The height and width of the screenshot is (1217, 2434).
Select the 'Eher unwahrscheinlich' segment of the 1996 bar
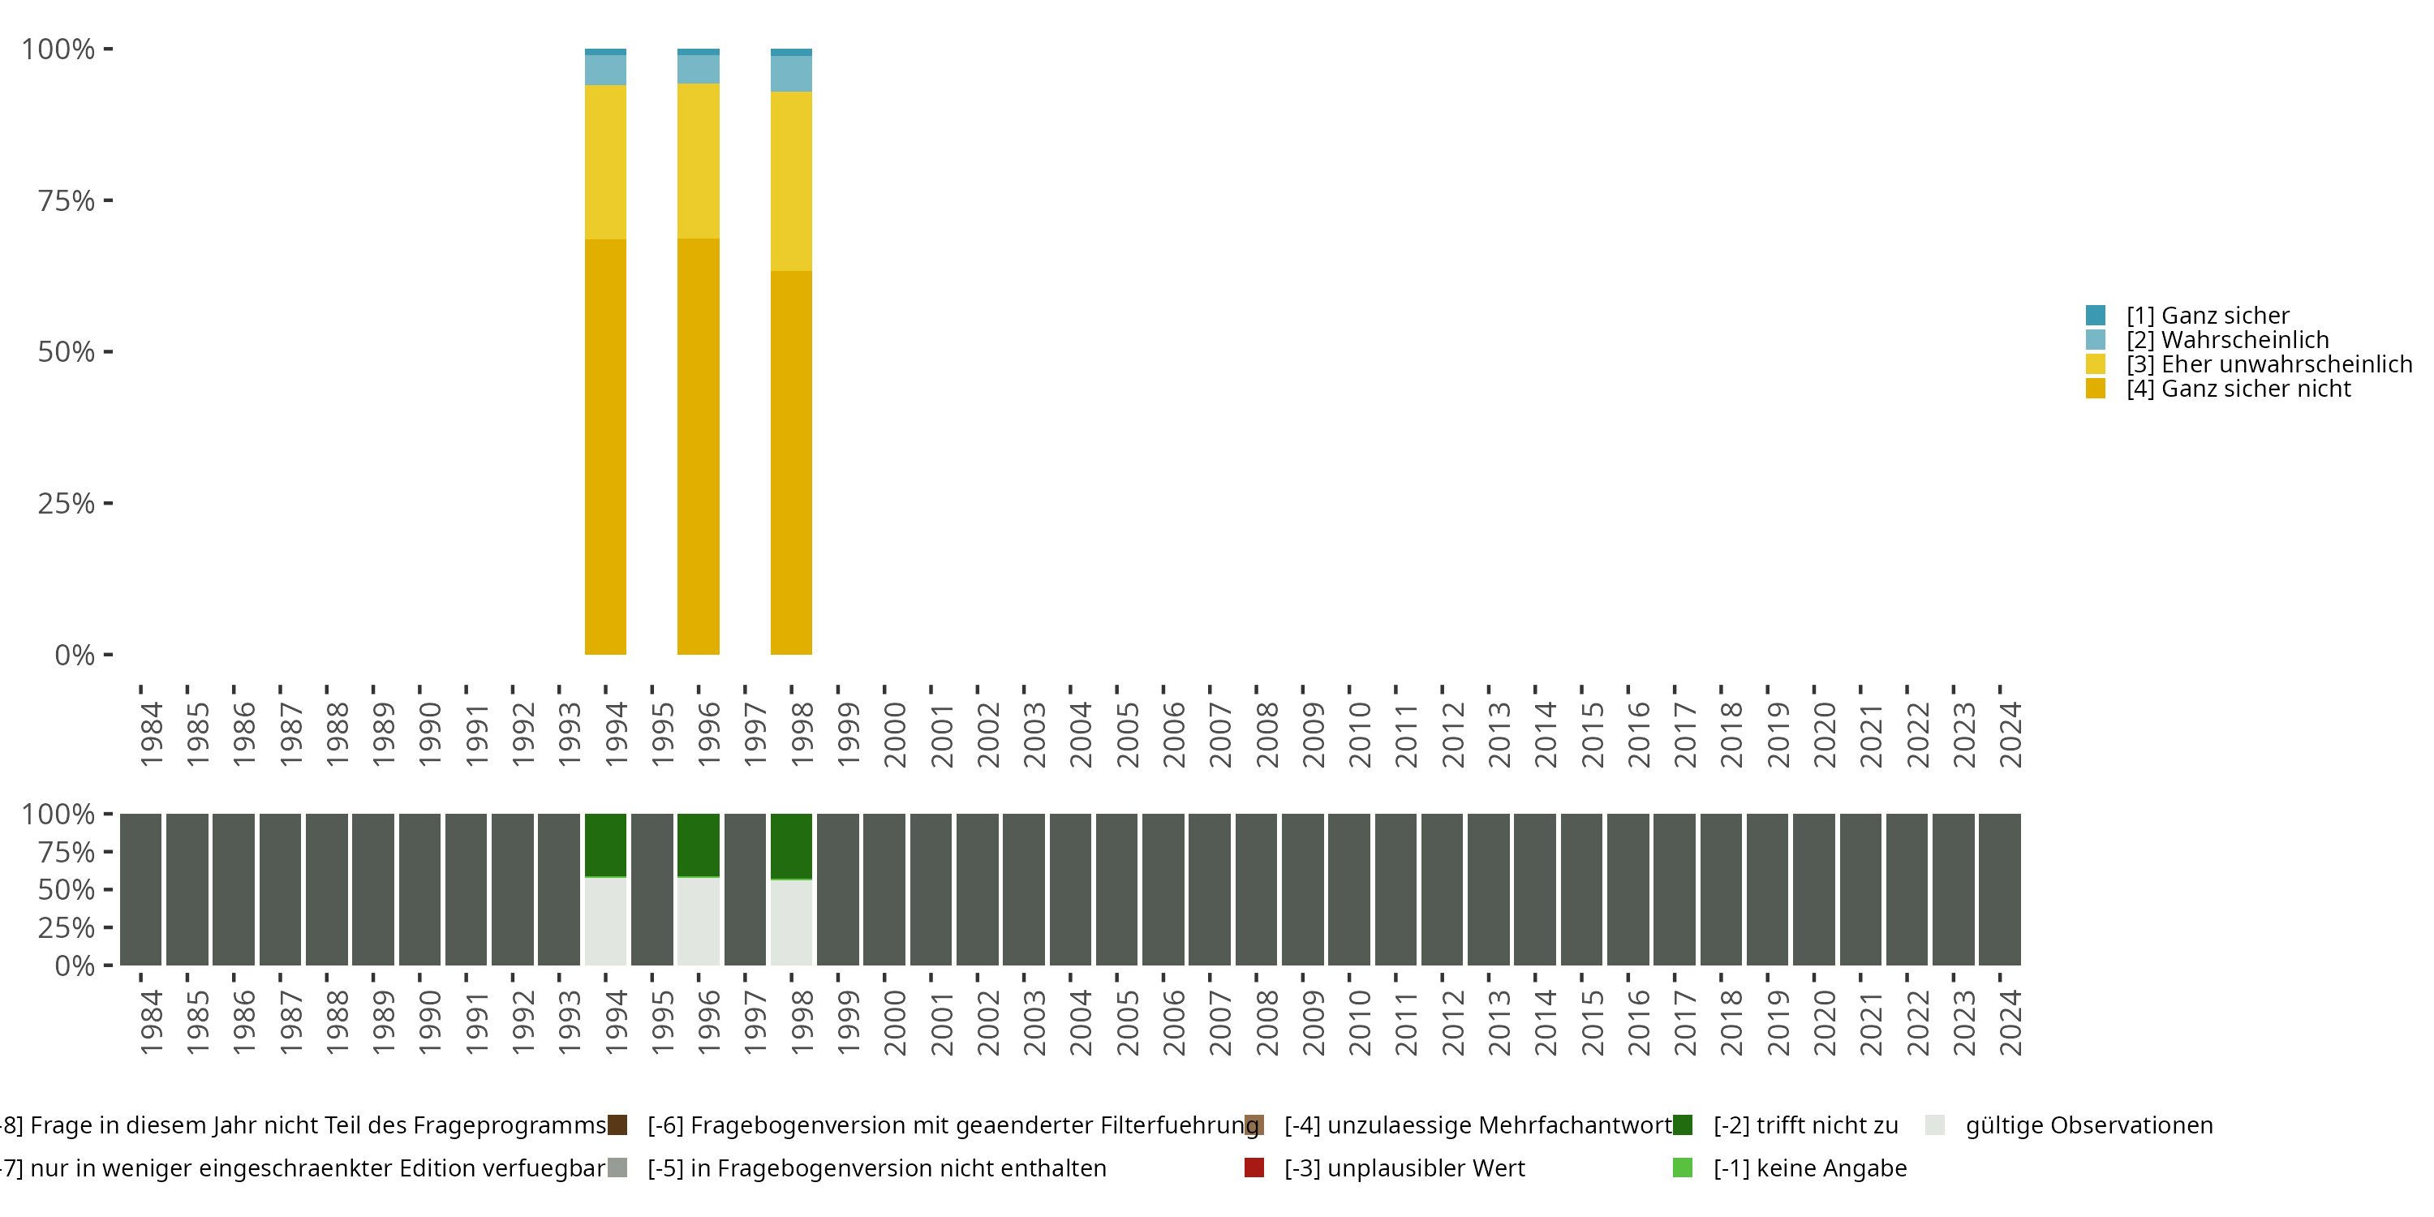(x=699, y=161)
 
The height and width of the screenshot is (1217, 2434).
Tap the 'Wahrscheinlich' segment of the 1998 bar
(x=791, y=74)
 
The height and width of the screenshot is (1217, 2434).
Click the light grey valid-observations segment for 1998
(x=791, y=922)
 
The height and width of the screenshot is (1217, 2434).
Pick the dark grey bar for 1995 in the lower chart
(x=652, y=889)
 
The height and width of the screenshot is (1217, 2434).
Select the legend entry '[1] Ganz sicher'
(x=2207, y=316)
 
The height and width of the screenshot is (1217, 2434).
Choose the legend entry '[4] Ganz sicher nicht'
(x=2238, y=389)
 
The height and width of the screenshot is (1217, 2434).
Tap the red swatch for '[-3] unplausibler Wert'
(x=1254, y=1168)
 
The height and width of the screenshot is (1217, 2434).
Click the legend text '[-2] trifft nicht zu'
(x=1804, y=1125)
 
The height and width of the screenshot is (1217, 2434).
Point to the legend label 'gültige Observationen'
(x=2088, y=1125)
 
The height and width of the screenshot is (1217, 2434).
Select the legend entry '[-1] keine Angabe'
(x=1809, y=1168)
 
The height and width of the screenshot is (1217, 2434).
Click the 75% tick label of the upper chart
(x=67, y=200)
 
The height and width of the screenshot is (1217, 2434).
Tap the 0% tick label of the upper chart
(x=75, y=655)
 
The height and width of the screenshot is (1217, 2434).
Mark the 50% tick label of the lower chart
(x=67, y=890)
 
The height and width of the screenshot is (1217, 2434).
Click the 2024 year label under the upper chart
(x=2010, y=734)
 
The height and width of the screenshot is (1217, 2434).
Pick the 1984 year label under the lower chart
(x=151, y=1022)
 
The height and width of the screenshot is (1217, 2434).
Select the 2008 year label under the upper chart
(x=1266, y=734)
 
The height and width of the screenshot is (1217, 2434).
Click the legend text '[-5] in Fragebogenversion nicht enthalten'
(x=876, y=1168)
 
